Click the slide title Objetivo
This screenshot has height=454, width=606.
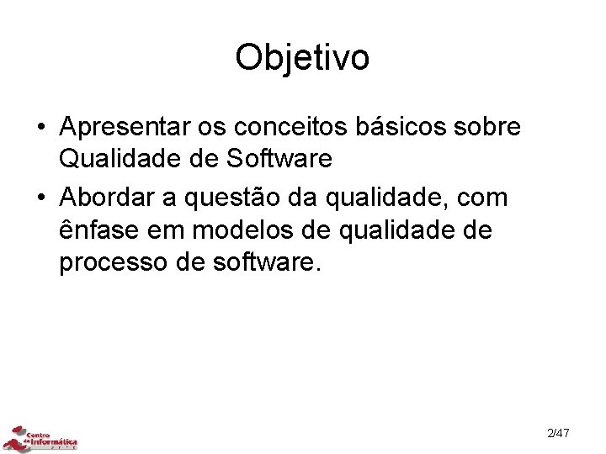coord(302,58)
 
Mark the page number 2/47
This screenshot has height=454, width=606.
coord(558,434)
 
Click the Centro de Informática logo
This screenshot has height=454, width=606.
coord(42,437)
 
